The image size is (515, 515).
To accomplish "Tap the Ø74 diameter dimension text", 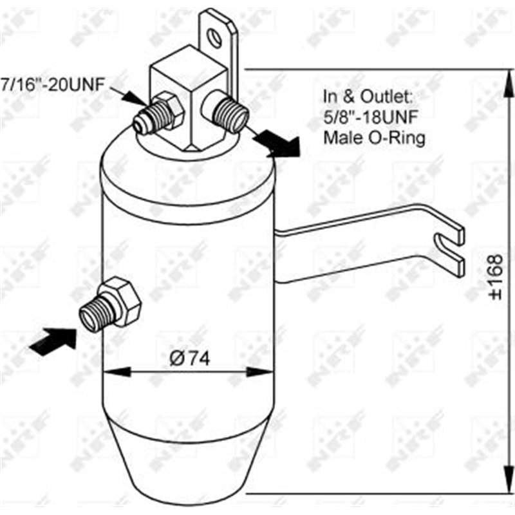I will click(x=191, y=359).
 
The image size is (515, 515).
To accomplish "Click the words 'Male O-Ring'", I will click(x=374, y=137).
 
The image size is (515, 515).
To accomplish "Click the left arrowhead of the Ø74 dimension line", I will click(x=111, y=371).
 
